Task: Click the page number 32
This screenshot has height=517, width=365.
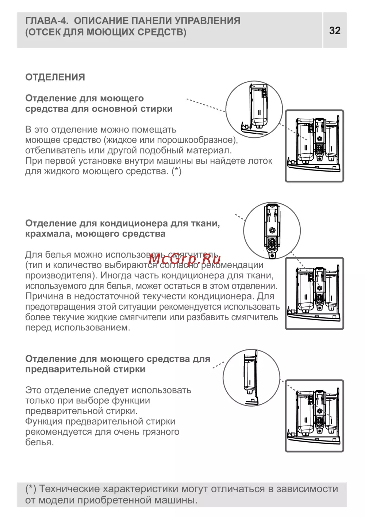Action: click(x=334, y=31)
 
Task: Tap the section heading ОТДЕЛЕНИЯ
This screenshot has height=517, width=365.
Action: click(x=55, y=77)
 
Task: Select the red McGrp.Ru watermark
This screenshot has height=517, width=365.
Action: click(x=184, y=259)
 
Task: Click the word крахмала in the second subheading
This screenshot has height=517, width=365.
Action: click(x=48, y=234)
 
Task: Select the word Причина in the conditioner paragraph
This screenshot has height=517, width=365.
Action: click(x=44, y=296)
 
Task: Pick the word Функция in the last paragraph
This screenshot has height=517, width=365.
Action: click(x=44, y=422)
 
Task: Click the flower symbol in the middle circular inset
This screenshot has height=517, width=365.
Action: click(x=272, y=230)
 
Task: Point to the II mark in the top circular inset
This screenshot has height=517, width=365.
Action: click(x=260, y=113)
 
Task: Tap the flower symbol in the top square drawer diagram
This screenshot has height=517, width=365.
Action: click(x=320, y=139)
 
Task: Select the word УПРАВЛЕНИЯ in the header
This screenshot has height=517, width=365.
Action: click(x=207, y=20)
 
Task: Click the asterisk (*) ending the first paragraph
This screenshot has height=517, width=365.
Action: click(x=177, y=172)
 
